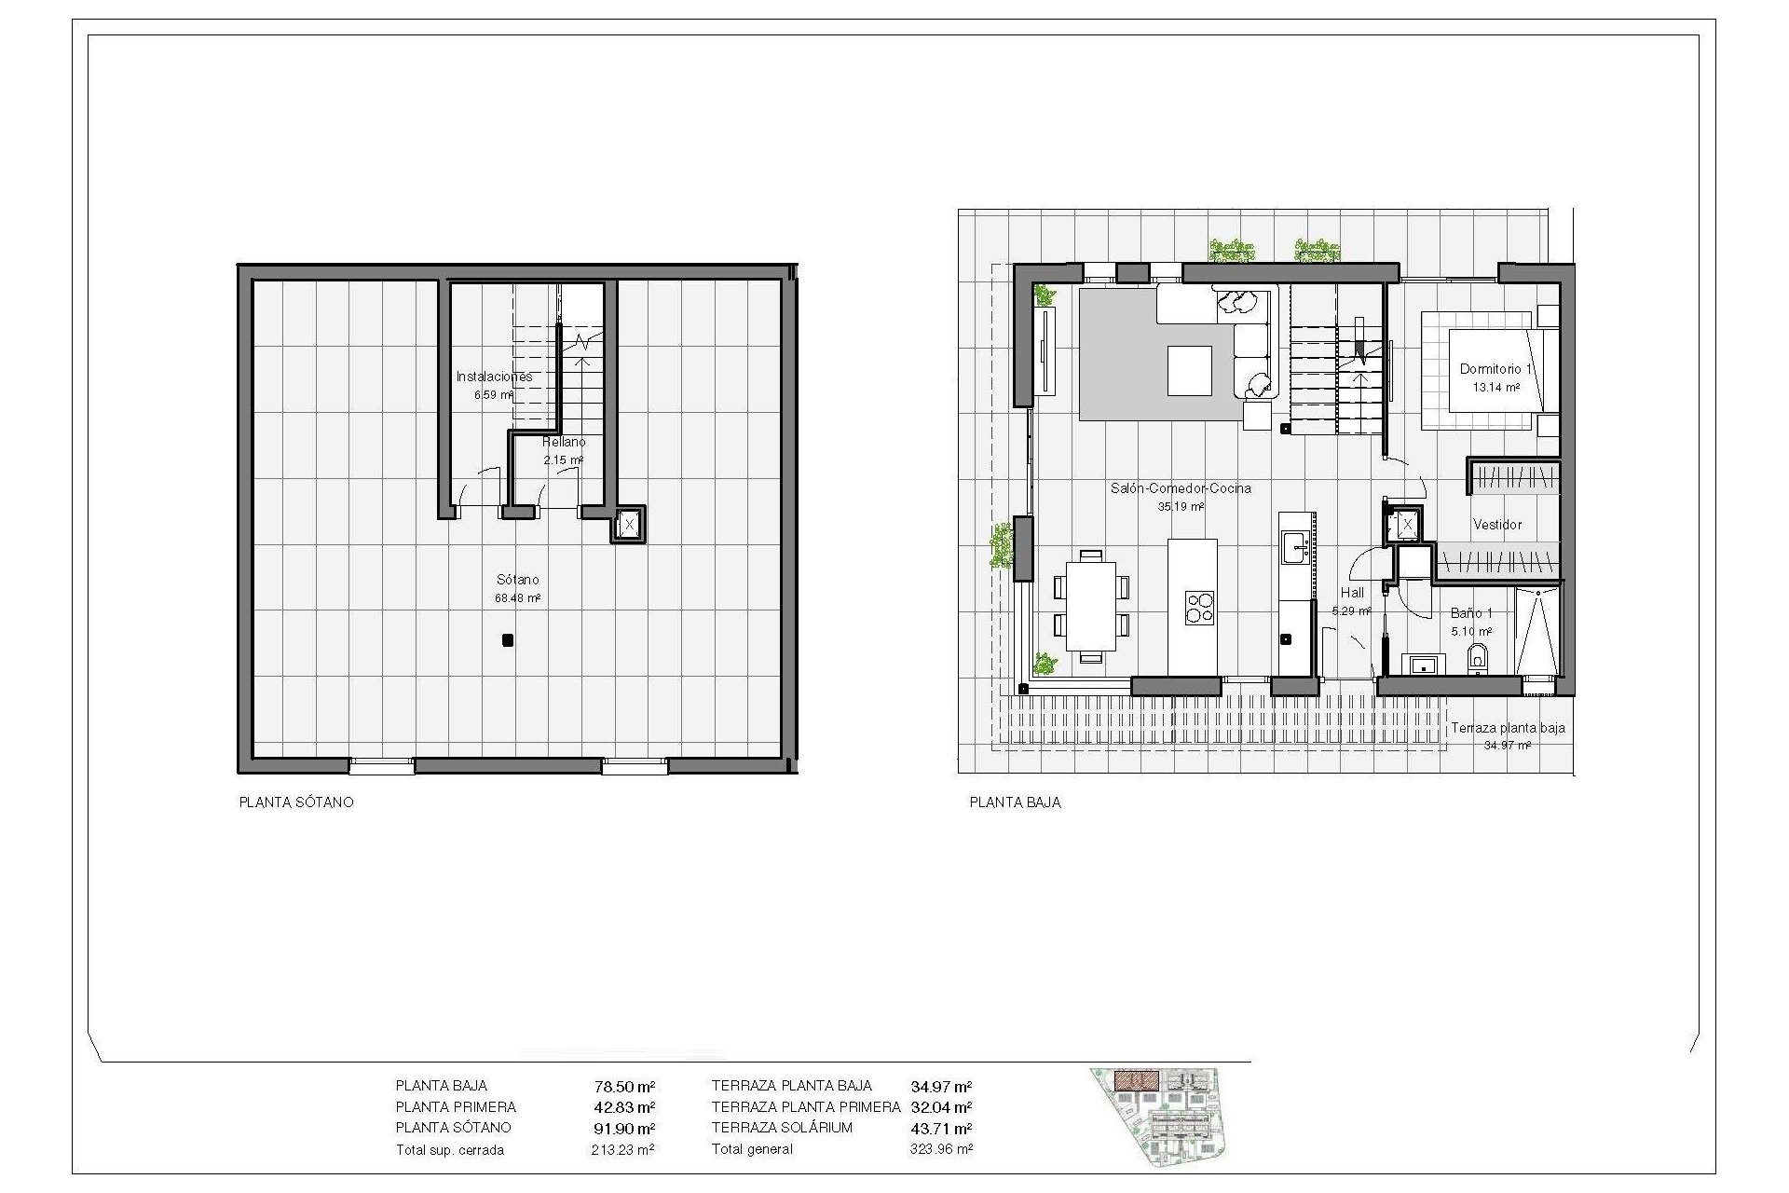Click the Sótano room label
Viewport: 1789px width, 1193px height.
pyautogui.click(x=517, y=580)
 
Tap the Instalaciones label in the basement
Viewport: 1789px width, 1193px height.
pyautogui.click(x=494, y=377)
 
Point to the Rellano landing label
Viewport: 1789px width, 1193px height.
pyautogui.click(x=564, y=442)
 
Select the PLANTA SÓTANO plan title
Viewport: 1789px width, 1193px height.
pyautogui.click(x=296, y=802)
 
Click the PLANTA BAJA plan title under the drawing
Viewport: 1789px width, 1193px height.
pyautogui.click(x=1015, y=802)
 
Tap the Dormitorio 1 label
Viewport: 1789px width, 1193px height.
pyautogui.click(x=1495, y=369)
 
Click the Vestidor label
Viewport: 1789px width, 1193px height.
pyautogui.click(x=1497, y=525)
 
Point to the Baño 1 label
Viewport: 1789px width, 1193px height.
pyautogui.click(x=1471, y=613)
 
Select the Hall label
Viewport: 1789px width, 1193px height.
pyautogui.click(x=1352, y=593)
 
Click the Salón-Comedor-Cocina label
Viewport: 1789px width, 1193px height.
pyautogui.click(x=1181, y=488)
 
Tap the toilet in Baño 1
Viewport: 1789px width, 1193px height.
pyautogui.click(x=1478, y=661)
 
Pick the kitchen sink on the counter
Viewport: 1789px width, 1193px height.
pyautogui.click(x=1295, y=547)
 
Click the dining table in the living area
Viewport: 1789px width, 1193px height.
pyautogui.click(x=1091, y=605)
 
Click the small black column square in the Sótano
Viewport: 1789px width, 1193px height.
pyautogui.click(x=507, y=640)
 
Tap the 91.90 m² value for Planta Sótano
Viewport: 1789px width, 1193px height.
pyautogui.click(x=624, y=1128)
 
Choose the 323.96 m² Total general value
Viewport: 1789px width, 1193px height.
pyautogui.click(x=941, y=1149)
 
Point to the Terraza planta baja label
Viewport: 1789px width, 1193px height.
pyautogui.click(x=1508, y=728)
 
